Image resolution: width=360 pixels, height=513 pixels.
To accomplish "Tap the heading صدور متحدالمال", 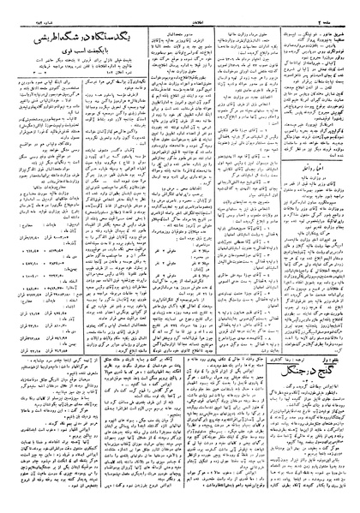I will coord(192,29).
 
